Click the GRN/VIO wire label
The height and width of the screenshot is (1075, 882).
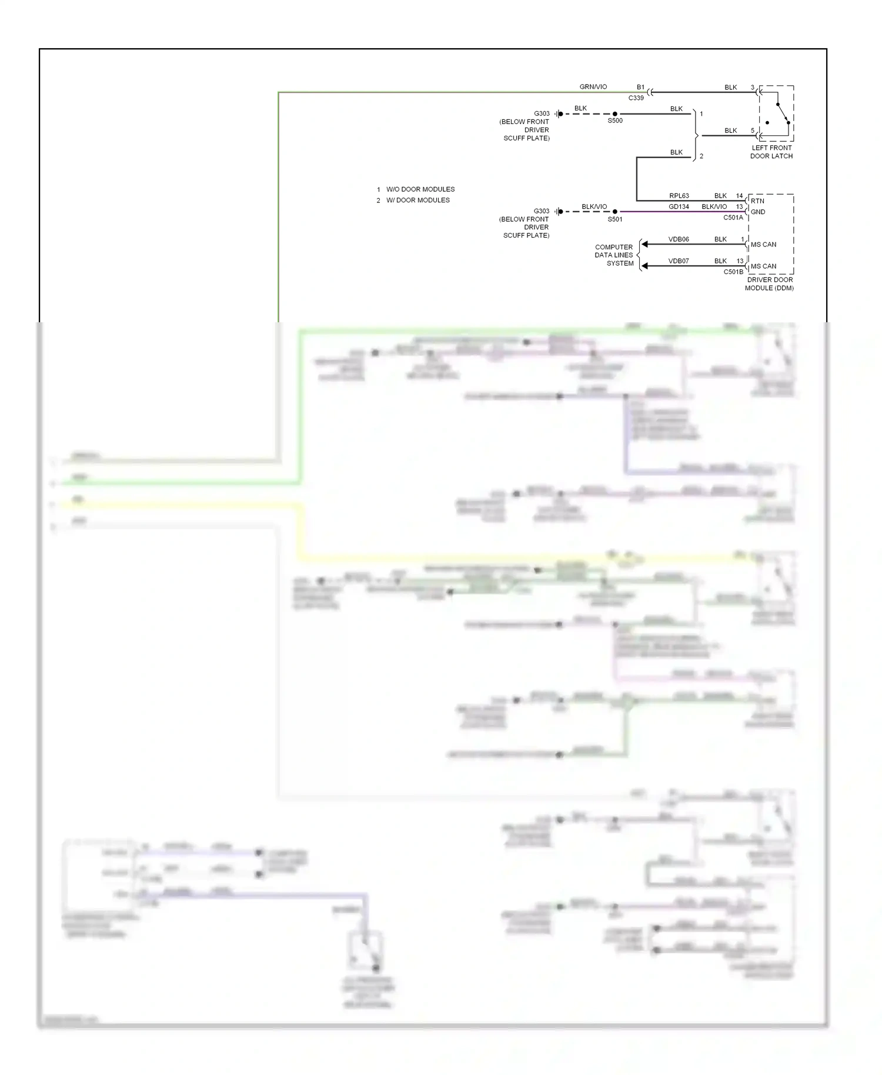(593, 87)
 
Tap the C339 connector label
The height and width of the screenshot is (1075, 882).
(636, 98)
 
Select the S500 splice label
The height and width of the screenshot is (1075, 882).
(615, 121)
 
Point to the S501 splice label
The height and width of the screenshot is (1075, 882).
(615, 219)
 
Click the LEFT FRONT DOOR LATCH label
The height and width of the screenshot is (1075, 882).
(771, 152)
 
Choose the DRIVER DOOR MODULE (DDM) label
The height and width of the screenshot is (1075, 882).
(770, 284)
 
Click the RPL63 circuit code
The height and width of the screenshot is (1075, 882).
(679, 196)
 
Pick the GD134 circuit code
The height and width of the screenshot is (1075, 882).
(679, 207)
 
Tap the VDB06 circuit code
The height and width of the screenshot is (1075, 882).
(679, 239)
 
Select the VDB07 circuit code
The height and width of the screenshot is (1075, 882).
(679, 261)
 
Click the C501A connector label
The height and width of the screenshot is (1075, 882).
(733, 218)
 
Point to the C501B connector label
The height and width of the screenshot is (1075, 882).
(733, 272)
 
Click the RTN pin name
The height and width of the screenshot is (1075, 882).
(757, 201)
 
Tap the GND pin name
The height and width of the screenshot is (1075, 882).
(758, 212)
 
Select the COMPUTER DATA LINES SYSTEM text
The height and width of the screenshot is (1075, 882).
(614, 255)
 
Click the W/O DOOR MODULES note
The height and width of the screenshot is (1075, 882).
(420, 189)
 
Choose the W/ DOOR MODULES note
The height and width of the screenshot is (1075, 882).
(418, 200)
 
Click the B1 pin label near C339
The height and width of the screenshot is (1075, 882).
(640, 87)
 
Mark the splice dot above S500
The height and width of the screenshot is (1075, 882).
(615, 113)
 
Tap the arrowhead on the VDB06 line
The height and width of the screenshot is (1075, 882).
(644, 244)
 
